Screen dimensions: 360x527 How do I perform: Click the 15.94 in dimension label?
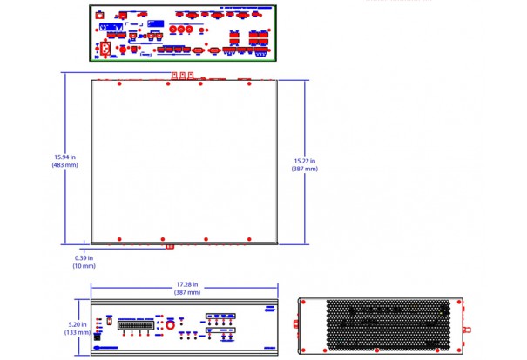(x=64, y=157)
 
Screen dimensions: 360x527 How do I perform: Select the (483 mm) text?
(x=64, y=165)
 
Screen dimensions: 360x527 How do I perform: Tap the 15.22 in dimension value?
(x=304, y=161)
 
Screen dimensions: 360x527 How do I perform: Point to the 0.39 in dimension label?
(x=84, y=257)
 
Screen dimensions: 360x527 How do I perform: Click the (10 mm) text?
(x=84, y=265)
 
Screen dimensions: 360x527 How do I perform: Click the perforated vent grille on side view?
(x=380, y=325)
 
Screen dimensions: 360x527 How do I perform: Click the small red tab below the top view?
(x=170, y=245)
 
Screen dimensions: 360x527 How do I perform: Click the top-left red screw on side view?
(x=303, y=303)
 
